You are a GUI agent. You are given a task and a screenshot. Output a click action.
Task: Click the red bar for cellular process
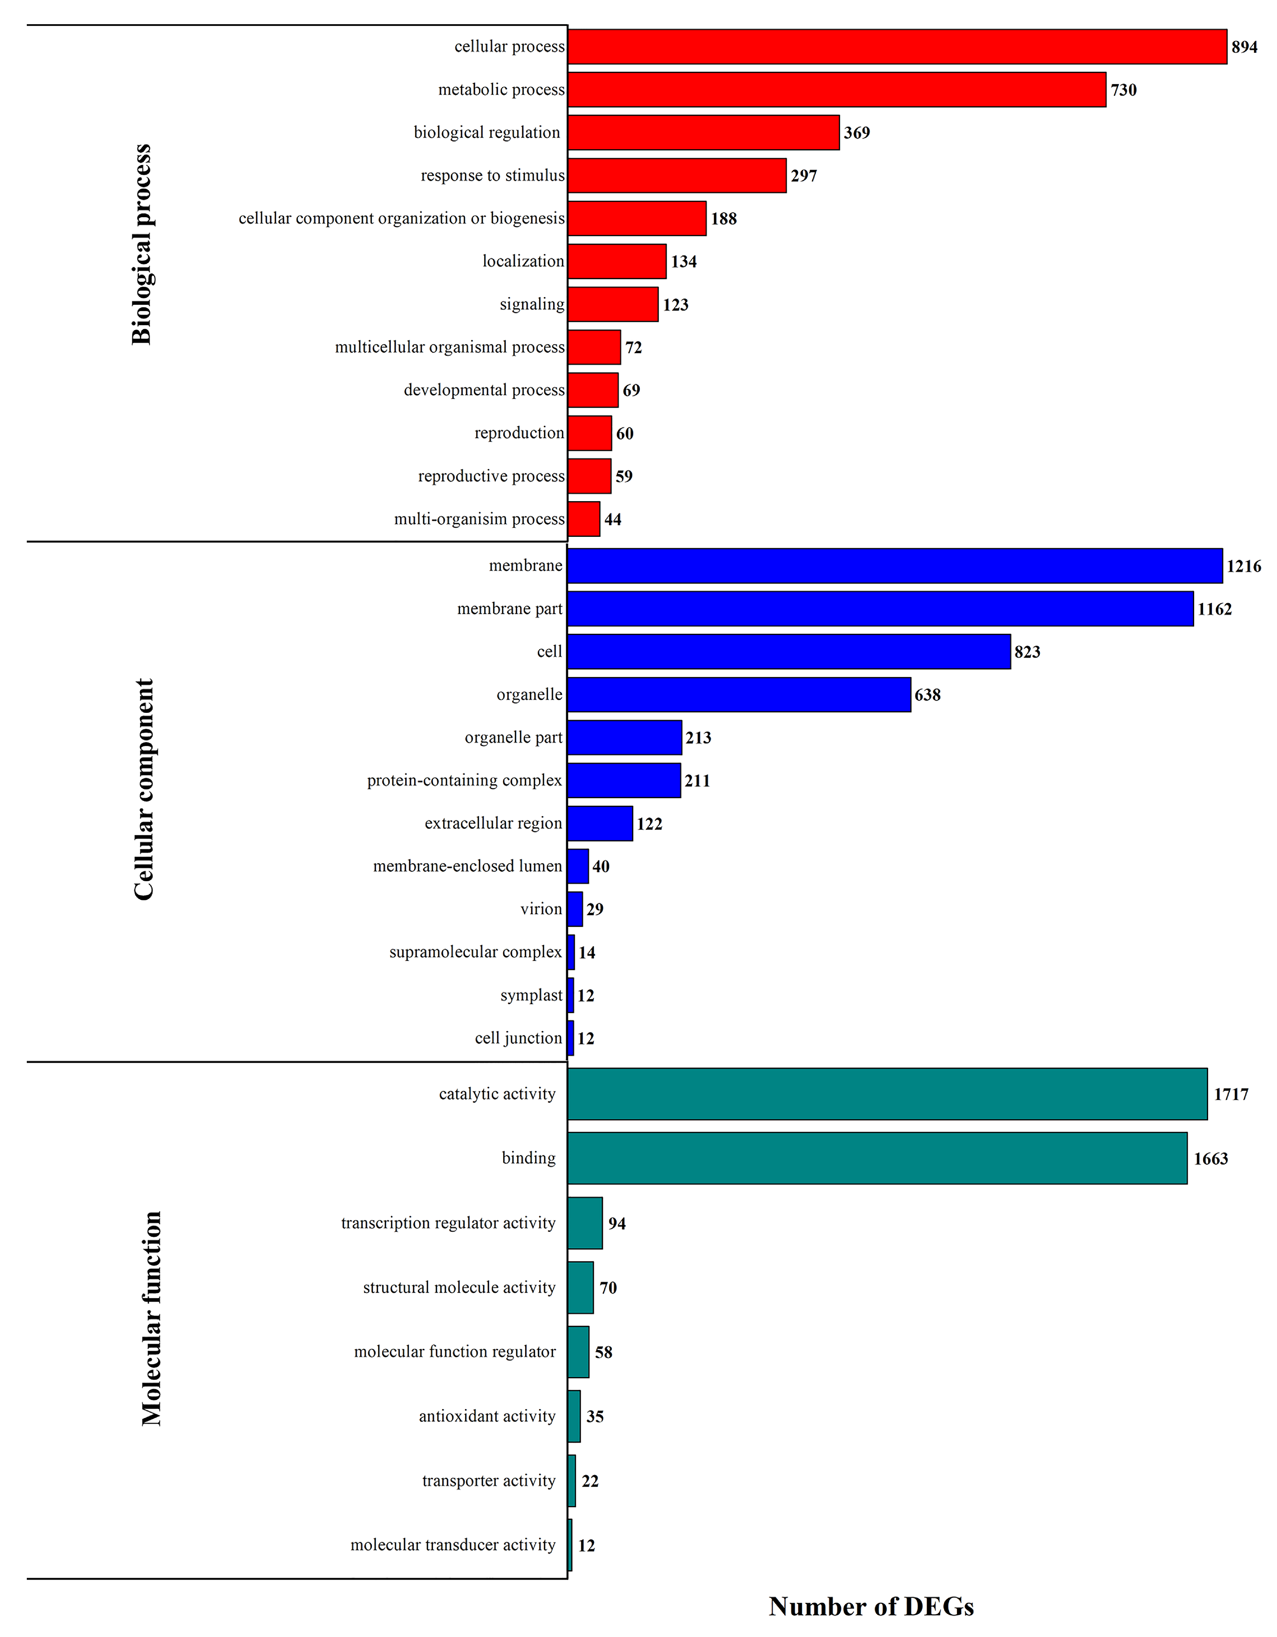(x=897, y=46)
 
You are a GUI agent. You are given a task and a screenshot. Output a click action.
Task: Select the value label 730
(x=1123, y=90)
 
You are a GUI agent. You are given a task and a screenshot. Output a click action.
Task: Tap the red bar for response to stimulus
(x=677, y=176)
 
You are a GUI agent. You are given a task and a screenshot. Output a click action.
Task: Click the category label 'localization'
(x=523, y=261)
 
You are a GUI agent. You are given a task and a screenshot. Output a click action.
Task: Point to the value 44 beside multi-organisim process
(x=613, y=519)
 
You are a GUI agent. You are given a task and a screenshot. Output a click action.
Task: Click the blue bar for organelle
(x=739, y=695)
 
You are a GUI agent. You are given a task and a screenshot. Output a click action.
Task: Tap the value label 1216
(x=1243, y=566)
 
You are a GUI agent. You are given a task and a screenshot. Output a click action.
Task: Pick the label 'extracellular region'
(x=493, y=823)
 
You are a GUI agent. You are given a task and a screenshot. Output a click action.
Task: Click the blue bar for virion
(x=575, y=909)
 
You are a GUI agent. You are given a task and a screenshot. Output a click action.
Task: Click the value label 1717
(x=1231, y=1094)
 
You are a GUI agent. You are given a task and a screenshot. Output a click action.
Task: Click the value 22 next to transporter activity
(x=590, y=1480)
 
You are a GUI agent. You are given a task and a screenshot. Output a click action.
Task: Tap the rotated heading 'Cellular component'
(x=143, y=789)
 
